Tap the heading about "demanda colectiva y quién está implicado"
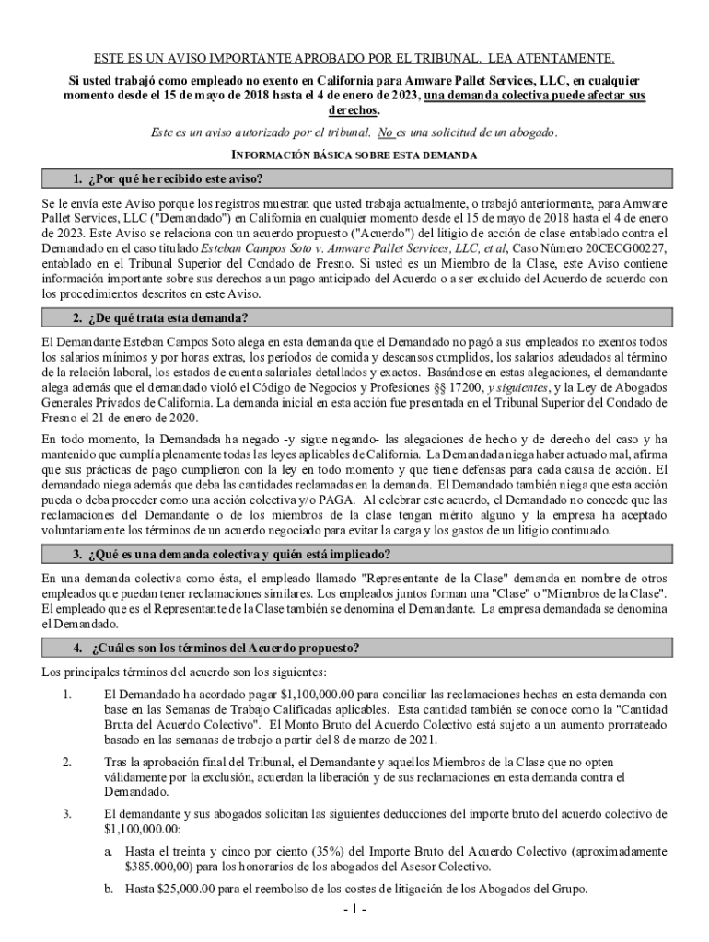(230, 555)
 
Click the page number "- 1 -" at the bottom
(354, 912)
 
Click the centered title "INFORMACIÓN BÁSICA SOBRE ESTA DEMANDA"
(354, 155)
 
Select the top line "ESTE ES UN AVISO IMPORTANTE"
(354, 58)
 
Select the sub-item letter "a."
(109, 852)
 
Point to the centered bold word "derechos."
(354, 109)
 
